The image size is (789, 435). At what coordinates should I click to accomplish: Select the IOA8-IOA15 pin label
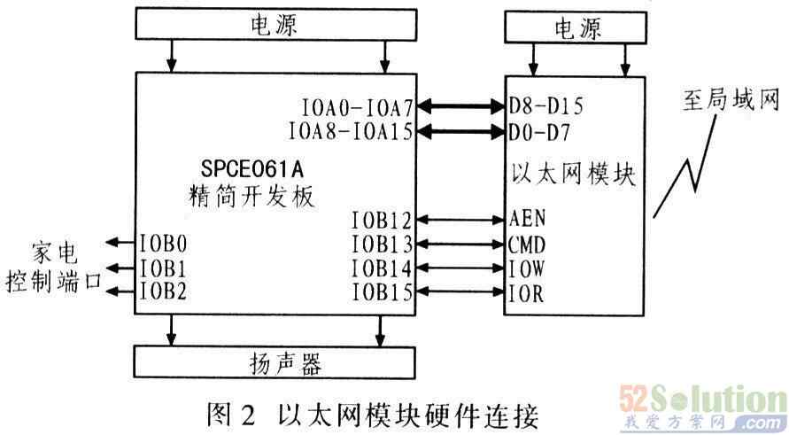352,131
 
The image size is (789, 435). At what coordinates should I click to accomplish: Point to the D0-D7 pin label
540,132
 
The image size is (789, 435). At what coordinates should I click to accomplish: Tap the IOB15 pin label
381,292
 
